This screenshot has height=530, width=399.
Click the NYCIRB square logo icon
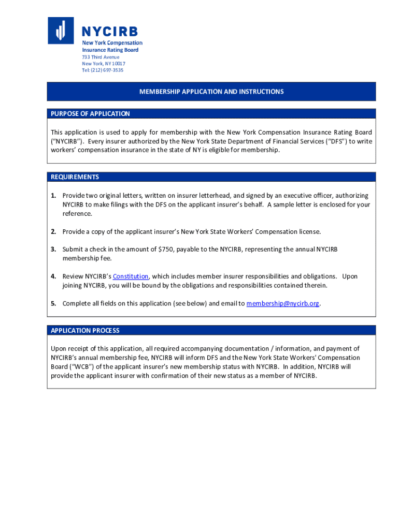(61, 30)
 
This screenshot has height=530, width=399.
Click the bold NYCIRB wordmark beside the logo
(110, 32)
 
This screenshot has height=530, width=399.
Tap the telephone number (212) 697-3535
(103, 70)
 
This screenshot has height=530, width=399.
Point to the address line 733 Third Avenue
(101, 57)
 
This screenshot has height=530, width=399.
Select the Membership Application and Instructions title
(211, 92)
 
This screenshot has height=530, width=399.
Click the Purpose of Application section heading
(90, 113)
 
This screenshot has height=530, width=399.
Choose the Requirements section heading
(75, 177)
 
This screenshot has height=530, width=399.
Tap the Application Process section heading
(85, 330)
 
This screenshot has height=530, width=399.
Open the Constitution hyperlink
(131, 276)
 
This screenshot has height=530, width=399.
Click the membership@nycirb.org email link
(282, 303)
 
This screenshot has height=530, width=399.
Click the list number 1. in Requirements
(53, 196)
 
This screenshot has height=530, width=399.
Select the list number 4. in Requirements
(53, 276)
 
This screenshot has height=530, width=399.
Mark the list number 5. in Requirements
(53, 303)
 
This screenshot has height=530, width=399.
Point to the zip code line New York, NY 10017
(104, 64)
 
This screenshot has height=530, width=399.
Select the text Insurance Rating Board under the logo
(110, 50)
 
